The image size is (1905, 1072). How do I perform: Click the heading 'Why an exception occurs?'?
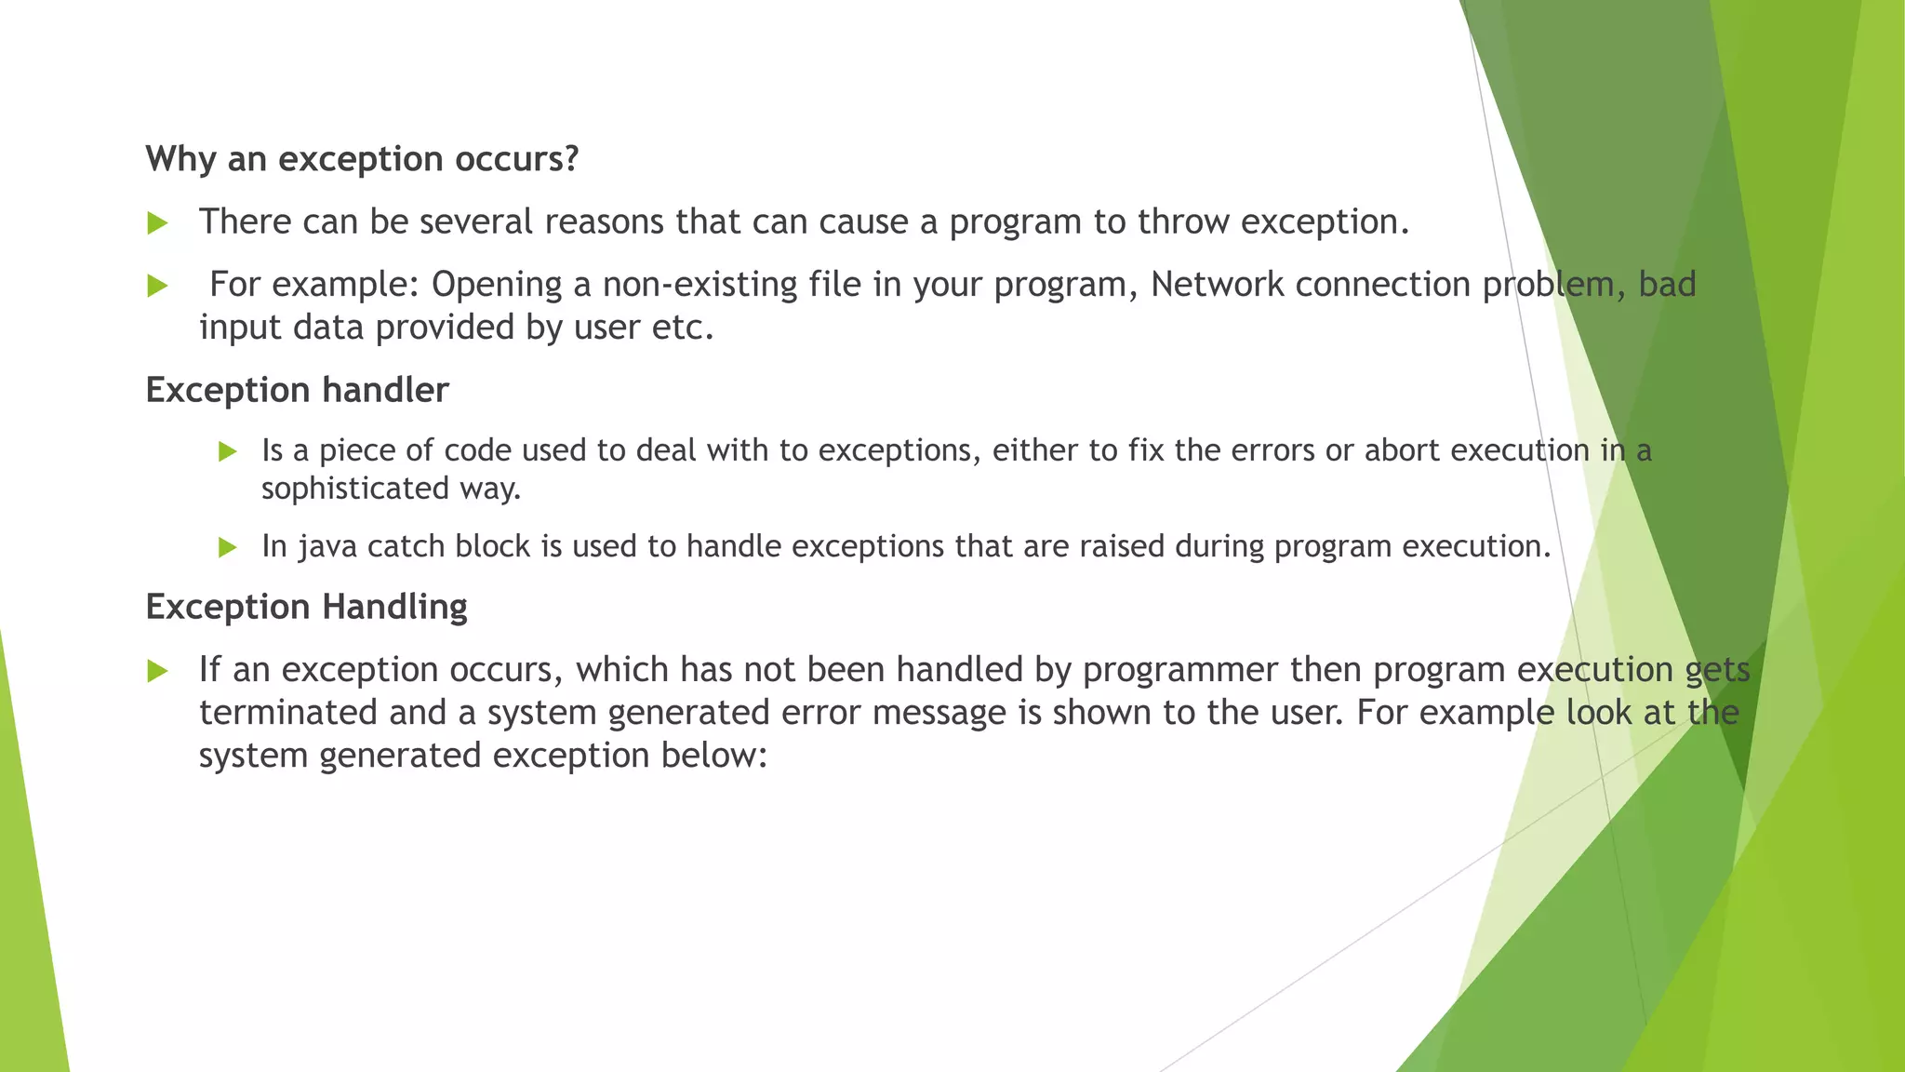(x=362, y=159)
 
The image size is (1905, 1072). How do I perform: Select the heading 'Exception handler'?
(x=297, y=390)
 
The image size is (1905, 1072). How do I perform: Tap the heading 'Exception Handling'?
(x=306, y=607)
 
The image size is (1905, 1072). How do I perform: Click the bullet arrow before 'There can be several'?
(x=157, y=223)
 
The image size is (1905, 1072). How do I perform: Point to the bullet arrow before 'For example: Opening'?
(x=157, y=286)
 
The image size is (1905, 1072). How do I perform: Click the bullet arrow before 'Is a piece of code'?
(x=228, y=452)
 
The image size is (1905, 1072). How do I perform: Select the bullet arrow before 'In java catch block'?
(x=228, y=547)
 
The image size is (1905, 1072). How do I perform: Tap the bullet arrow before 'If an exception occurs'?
(x=157, y=671)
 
